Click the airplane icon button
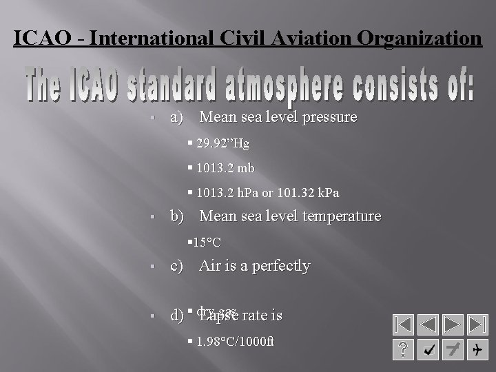point(477,350)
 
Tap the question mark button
point(403,350)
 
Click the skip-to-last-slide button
point(477,324)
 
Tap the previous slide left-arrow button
point(428,324)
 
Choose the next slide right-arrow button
point(453,324)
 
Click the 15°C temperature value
point(207,242)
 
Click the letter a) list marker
point(176,118)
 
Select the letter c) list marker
point(176,266)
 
